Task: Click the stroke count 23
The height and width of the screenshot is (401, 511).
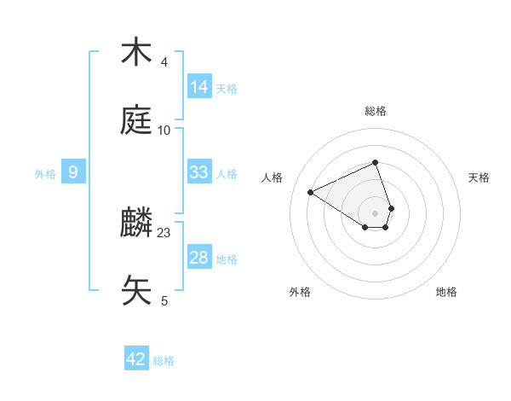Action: tap(164, 232)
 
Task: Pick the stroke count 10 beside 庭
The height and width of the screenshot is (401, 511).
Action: tap(164, 130)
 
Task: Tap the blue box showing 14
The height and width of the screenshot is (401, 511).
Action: tap(199, 86)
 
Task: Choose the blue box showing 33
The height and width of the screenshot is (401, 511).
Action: tap(199, 172)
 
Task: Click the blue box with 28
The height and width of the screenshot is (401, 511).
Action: tap(199, 258)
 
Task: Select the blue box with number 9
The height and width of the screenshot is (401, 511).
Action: tap(73, 173)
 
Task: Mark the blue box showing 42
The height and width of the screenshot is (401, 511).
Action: tap(136, 359)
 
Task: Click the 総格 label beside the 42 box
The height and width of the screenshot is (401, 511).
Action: tap(164, 361)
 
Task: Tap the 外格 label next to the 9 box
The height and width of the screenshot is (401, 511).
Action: tap(45, 174)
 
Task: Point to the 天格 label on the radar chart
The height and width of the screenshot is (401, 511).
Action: tap(479, 177)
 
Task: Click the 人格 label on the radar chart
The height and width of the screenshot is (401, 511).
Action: tap(272, 177)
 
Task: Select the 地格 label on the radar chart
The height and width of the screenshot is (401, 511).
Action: tap(446, 292)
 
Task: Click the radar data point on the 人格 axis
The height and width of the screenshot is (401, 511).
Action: tap(311, 192)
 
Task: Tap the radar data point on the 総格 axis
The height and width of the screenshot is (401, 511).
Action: tap(375, 162)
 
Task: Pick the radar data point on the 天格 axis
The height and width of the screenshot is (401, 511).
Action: tap(391, 207)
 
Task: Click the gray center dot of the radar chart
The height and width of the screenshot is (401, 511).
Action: tap(375, 212)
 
